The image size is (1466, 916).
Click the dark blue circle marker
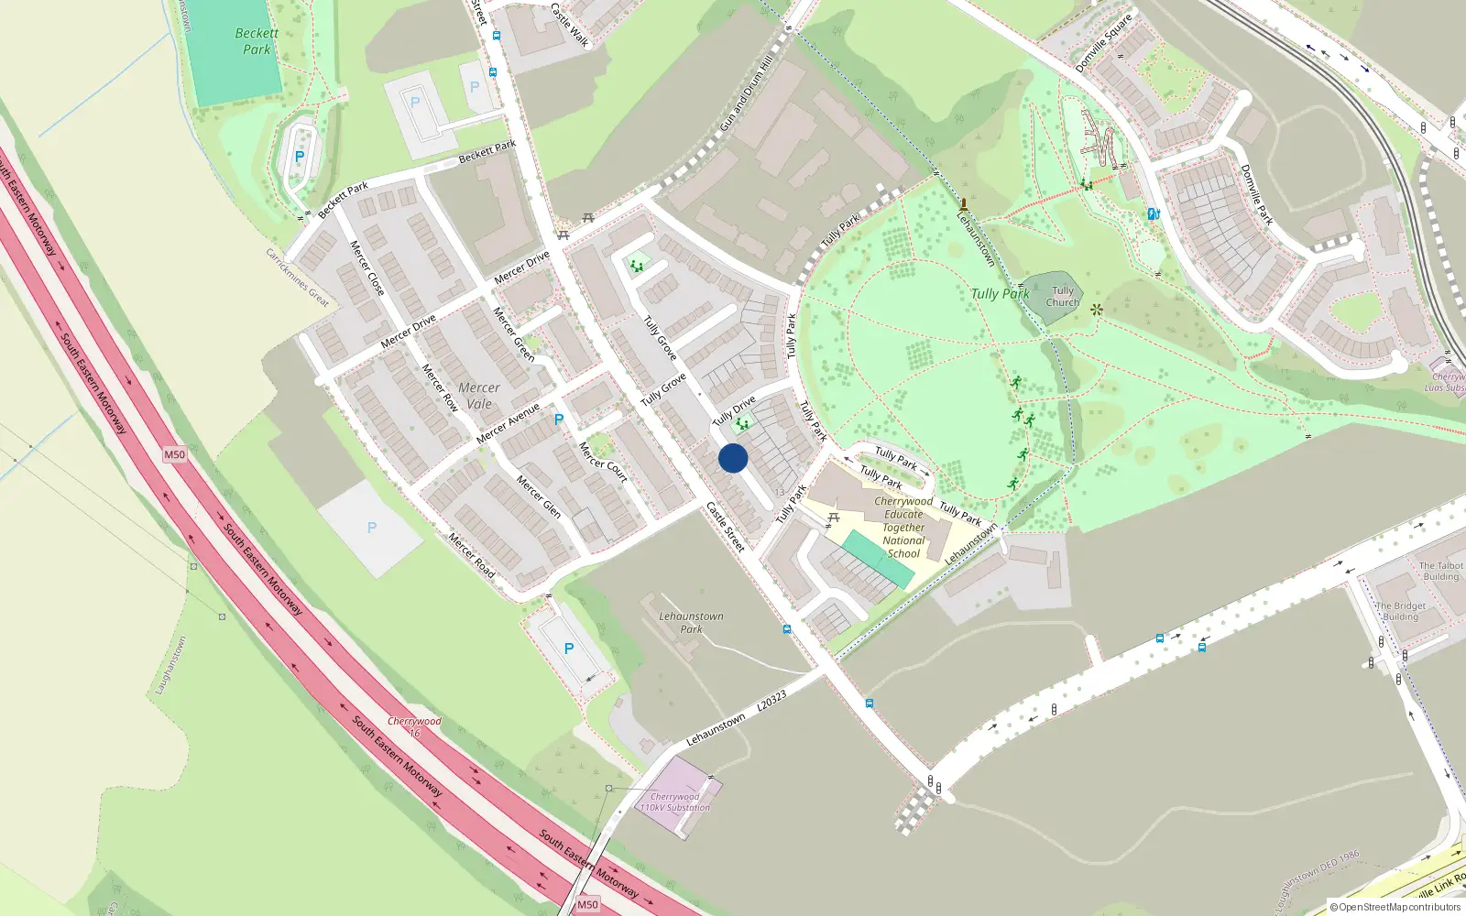click(733, 458)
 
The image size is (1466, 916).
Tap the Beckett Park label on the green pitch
click(257, 41)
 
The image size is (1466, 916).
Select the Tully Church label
click(1063, 296)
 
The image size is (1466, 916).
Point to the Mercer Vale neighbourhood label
click(479, 396)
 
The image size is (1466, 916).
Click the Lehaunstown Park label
click(691, 623)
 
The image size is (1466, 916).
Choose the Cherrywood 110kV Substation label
click(675, 802)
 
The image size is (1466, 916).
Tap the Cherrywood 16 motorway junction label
click(414, 726)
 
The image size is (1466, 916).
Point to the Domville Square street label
click(1104, 43)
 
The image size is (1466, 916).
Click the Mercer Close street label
click(367, 267)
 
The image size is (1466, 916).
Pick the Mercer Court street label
click(603, 462)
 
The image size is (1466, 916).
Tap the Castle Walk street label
click(569, 25)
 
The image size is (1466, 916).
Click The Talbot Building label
click(1440, 571)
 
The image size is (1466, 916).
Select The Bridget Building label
click(1401, 611)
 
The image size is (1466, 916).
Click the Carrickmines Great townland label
click(297, 277)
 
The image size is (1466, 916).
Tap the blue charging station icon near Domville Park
click(1154, 214)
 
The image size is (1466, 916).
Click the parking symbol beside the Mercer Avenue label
click(559, 420)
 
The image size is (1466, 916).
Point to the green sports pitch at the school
click(878, 559)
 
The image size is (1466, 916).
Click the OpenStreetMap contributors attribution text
click(1395, 908)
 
